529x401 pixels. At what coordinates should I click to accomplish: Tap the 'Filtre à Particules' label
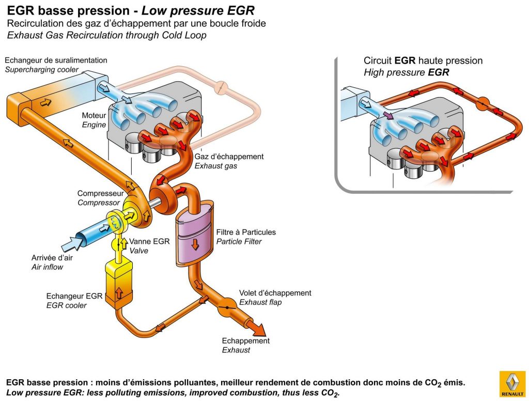[x=246, y=233]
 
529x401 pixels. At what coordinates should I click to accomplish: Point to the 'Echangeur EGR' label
[x=74, y=296]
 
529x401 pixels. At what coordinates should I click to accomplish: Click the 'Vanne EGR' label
[x=149, y=241]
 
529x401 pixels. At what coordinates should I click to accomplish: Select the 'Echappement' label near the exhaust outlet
[x=246, y=341]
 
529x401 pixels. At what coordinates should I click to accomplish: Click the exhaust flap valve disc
[x=226, y=308]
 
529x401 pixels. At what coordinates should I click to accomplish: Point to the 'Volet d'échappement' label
[x=275, y=293]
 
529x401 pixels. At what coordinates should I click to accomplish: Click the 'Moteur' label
[x=94, y=115]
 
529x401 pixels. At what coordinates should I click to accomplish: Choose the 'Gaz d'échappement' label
[x=229, y=156]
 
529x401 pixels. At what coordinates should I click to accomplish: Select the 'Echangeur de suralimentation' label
[x=56, y=60]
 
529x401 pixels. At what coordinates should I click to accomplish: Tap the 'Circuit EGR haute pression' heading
[x=423, y=60]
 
